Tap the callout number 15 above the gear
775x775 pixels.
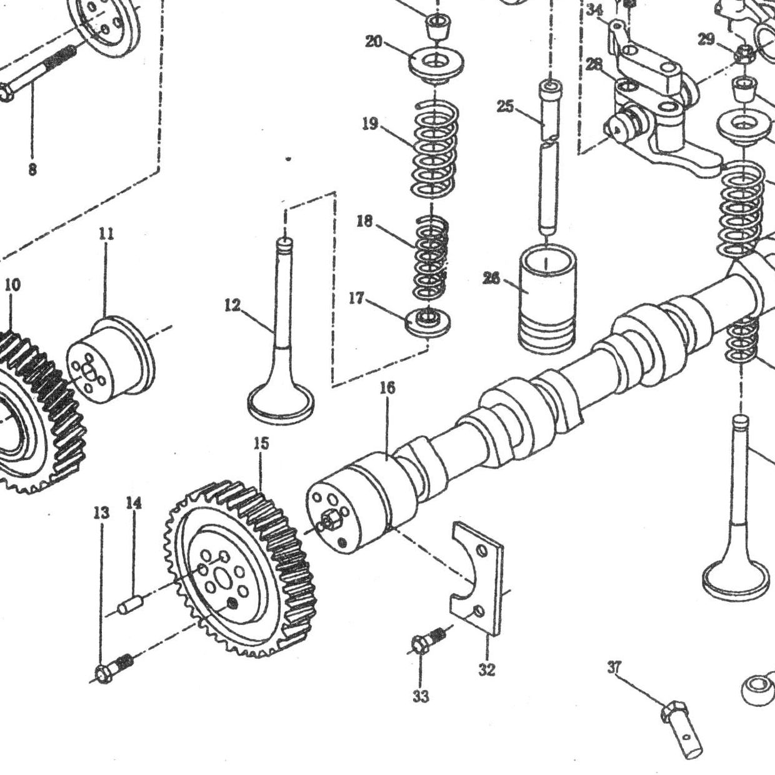click(x=261, y=444)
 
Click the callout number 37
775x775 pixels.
click(x=615, y=667)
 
